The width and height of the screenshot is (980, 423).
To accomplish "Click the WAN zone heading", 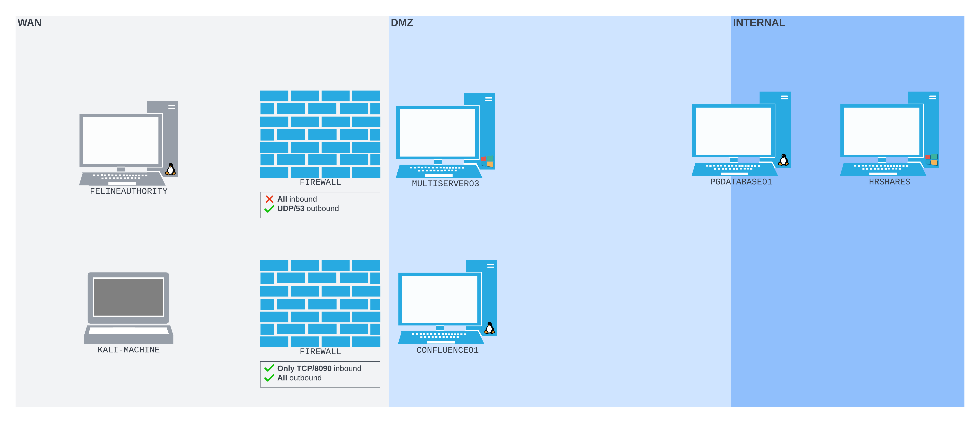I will (x=29, y=23).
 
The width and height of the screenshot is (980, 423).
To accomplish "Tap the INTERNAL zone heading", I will (x=758, y=23).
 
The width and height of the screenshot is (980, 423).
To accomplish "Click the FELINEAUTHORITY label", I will (x=129, y=191).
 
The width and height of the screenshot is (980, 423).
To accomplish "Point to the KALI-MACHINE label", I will (x=129, y=350).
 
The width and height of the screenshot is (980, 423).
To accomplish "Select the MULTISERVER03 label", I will (x=445, y=183).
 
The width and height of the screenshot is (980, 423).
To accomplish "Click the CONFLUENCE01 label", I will (x=447, y=350).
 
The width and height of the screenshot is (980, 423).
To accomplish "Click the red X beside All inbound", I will (x=269, y=199).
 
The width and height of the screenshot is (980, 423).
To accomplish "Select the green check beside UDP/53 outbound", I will (x=269, y=209).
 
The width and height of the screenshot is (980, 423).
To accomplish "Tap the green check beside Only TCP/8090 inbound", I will (x=269, y=368).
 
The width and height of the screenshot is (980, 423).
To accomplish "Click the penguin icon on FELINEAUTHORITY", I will (x=171, y=169).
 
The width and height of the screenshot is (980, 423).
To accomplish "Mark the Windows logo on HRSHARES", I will (x=932, y=160).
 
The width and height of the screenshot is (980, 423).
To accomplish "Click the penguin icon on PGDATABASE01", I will (x=783, y=160).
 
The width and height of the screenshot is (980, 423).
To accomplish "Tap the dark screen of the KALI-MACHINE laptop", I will (x=129, y=297).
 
